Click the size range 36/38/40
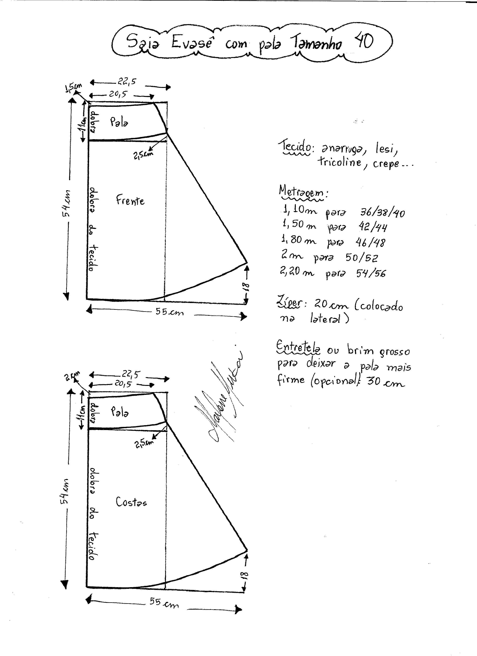(382, 213)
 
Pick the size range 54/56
(371, 273)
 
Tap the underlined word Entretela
(298, 347)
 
